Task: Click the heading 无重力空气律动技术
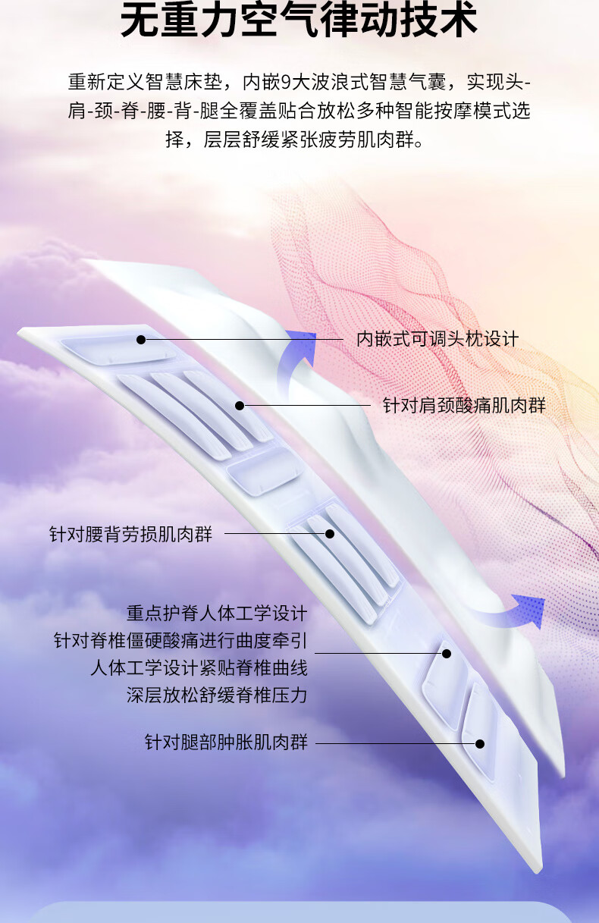point(299,21)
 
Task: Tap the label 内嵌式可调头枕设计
point(437,339)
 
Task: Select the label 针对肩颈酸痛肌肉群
point(464,406)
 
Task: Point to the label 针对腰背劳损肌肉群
point(131,534)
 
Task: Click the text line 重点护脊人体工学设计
point(217,613)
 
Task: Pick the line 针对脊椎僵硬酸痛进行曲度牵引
point(180,640)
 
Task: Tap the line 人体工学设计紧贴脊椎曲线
point(199,667)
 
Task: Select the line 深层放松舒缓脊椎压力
point(217,695)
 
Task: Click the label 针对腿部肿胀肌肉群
point(226,742)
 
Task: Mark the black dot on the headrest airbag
point(141,340)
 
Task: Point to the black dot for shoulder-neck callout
point(240,406)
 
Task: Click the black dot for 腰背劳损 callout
point(330,534)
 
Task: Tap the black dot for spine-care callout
point(447,653)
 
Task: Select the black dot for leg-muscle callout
point(480,744)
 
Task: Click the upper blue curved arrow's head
point(304,345)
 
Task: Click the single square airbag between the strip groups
point(264,469)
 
